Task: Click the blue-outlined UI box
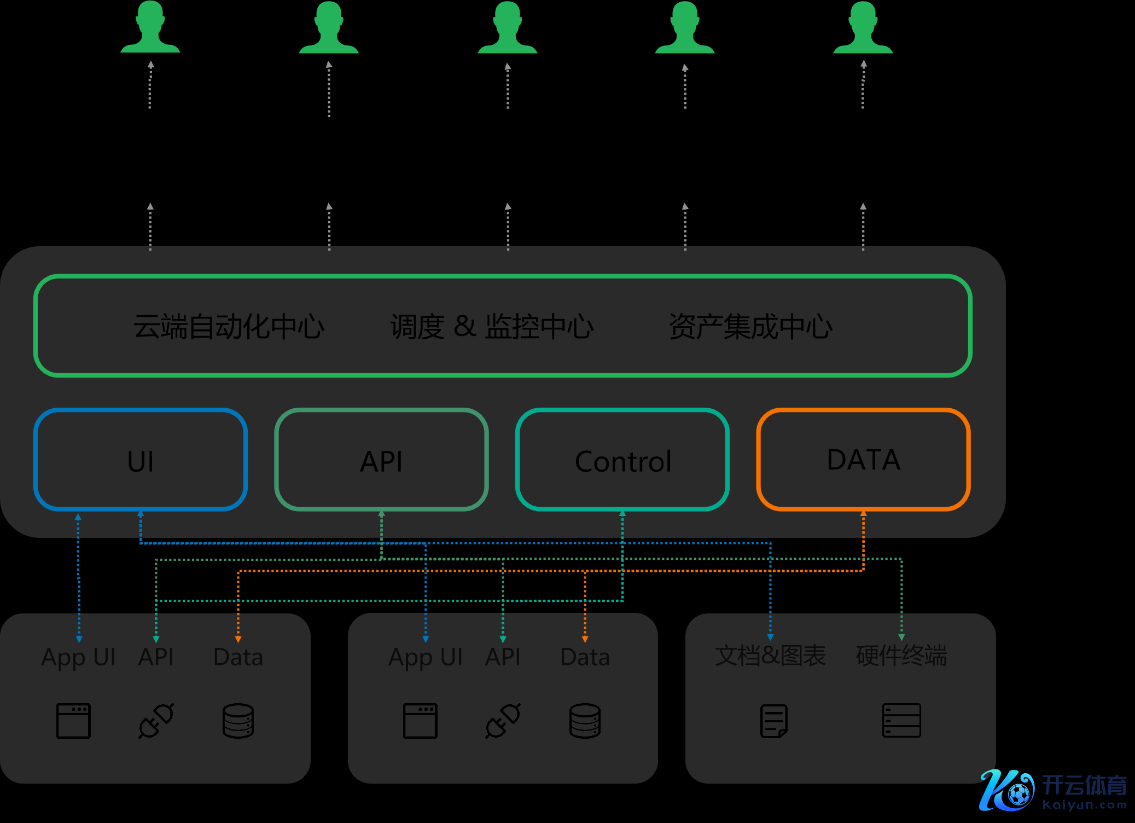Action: coord(141,459)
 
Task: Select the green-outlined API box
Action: coord(381,459)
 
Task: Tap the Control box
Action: coord(622,459)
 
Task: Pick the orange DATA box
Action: coord(863,459)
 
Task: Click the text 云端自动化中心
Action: coord(229,327)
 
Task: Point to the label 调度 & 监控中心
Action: coord(492,327)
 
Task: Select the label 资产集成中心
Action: coord(750,327)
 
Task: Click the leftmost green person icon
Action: coord(150,27)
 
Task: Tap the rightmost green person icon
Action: coord(863,27)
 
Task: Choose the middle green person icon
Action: coord(508,27)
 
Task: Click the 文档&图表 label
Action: coord(770,656)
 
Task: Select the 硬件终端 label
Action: coord(901,656)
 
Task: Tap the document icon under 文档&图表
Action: coord(774,721)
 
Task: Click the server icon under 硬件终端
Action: coord(901,721)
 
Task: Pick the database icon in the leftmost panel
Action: coord(238,721)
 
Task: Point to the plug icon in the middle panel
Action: coord(503,721)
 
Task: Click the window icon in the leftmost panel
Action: coord(73,721)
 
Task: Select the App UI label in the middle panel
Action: coord(426,657)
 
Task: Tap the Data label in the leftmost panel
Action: coord(238,657)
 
